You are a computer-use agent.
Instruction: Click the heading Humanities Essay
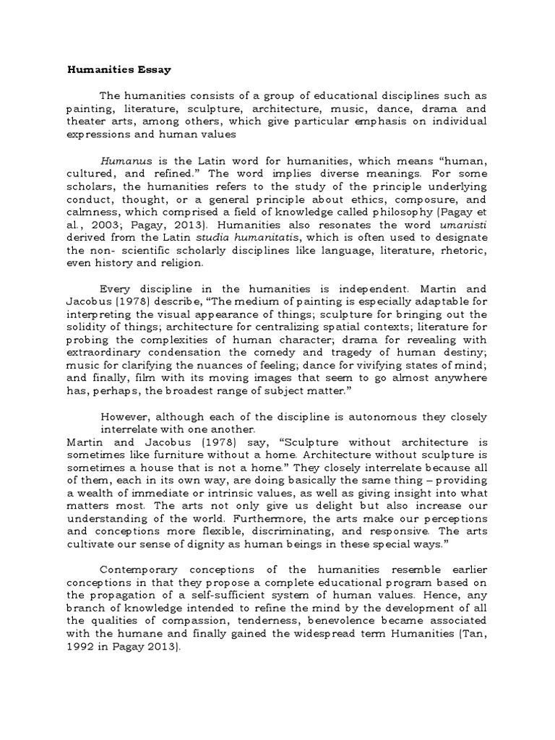click(x=120, y=71)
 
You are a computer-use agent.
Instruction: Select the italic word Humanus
click(x=124, y=162)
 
